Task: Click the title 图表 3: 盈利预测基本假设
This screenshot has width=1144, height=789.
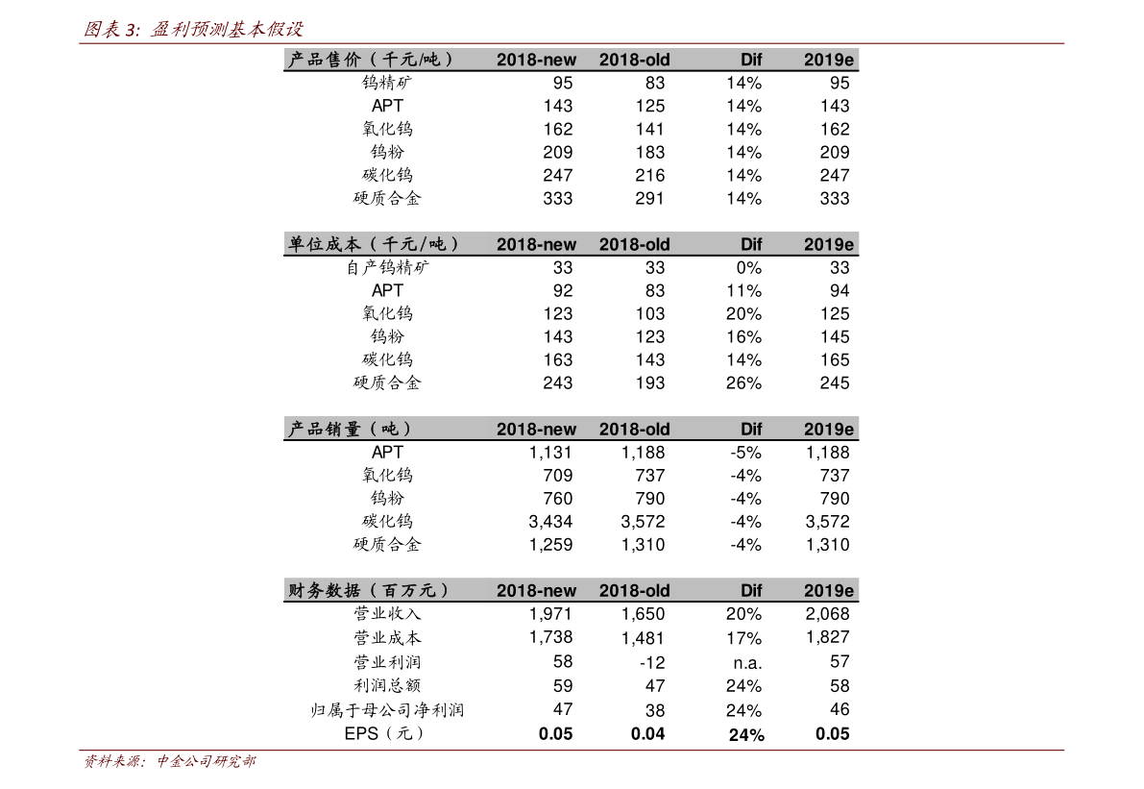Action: pyautogui.click(x=194, y=30)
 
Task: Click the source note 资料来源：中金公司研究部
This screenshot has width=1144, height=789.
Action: pyautogui.click(x=169, y=762)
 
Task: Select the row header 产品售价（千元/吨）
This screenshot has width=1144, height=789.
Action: pyautogui.click(x=370, y=60)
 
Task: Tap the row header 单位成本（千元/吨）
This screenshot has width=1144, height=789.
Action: pyautogui.click(x=374, y=244)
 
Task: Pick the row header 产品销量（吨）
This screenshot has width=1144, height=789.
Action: pyautogui.click(x=351, y=429)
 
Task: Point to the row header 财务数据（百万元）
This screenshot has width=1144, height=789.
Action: pyautogui.click(x=369, y=590)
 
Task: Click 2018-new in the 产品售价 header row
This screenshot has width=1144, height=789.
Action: pyautogui.click(x=536, y=60)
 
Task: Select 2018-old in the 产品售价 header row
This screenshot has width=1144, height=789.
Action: pyautogui.click(x=634, y=60)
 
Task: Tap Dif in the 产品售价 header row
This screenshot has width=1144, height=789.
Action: pyautogui.click(x=750, y=60)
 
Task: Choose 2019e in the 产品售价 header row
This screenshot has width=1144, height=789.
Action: pyautogui.click(x=828, y=60)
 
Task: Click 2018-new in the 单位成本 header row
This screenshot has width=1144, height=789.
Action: pyautogui.click(x=536, y=244)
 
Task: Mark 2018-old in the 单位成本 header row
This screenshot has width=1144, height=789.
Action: pyautogui.click(x=634, y=244)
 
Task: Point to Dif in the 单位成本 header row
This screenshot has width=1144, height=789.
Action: pyautogui.click(x=750, y=244)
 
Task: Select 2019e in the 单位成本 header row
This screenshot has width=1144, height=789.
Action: pyautogui.click(x=828, y=244)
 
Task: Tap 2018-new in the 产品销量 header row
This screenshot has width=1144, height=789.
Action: pyautogui.click(x=536, y=429)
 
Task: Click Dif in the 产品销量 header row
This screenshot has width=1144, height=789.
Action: pyautogui.click(x=750, y=429)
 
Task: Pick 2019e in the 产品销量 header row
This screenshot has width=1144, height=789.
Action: pyautogui.click(x=828, y=429)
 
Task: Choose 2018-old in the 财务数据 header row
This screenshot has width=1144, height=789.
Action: pyautogui.click(x=634, y=590)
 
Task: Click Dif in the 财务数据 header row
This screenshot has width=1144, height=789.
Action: pyautogui.click(x=750, y=590)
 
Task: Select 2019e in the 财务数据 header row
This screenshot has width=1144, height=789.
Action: pyautogui.click(x=828, y=590)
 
